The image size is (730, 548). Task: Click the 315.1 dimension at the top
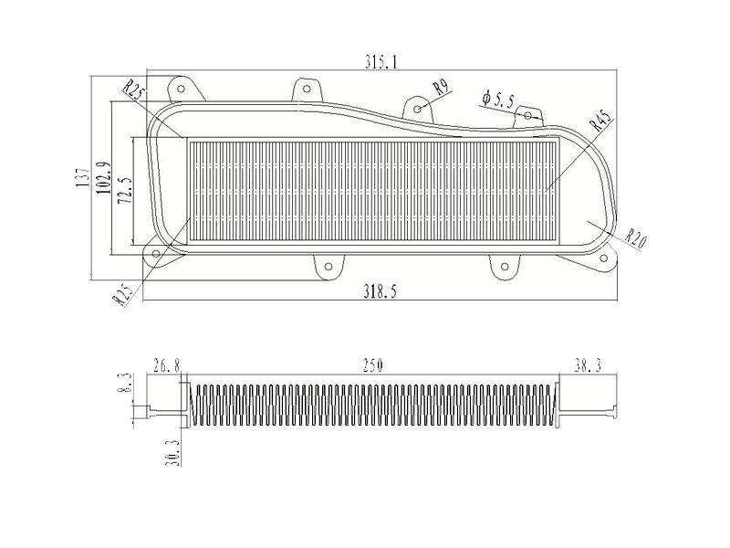[x=381, y=61]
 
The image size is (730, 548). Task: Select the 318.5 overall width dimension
[x=380, y=292]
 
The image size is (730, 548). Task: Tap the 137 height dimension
[x=82, y=177]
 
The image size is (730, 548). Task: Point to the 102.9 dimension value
[x=102, y=178]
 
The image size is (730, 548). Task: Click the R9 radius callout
[x=440, y=88]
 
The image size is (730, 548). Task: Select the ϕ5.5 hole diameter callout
[x=498, y=100]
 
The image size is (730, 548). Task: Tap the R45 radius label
[x=600, y=120]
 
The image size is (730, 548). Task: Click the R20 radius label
[x=635, y=239]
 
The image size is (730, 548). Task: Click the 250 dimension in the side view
[x=373, y=366]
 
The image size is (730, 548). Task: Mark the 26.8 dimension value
[x=167, y=366]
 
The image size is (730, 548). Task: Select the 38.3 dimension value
[x=588, y=366]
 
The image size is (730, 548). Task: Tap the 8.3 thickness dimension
[x=124, y=383]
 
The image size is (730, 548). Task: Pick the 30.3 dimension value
[x=172, y=452]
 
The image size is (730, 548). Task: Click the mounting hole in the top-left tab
[x=182, y=89]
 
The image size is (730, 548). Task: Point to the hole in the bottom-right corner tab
[x=604, y=258]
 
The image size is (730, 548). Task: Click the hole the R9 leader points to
[x=418, y=109]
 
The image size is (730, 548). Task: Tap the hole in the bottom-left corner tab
[x=156, y=254]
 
